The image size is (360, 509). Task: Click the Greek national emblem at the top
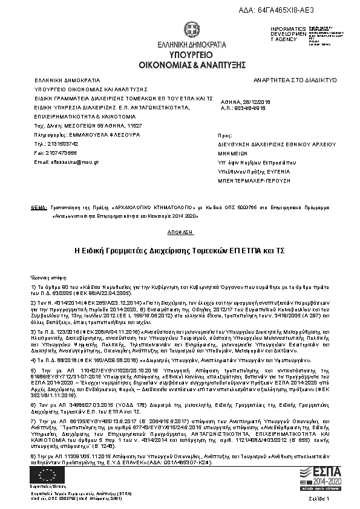click(192, 31)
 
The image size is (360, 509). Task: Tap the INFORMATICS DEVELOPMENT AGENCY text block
click(284, 34)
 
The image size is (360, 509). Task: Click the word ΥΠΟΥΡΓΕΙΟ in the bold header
click(191, 54)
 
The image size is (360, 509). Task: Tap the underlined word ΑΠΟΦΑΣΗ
click(180, 232)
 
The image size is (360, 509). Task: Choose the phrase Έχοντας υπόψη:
click(47, 274)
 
